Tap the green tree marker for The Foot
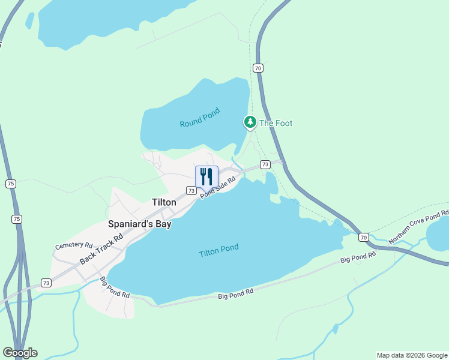(x=250, y=122)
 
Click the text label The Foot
(x=276, y=123)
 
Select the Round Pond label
(x=200, y=118)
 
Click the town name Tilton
(x=164, y=202)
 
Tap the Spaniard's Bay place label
(x=139, y=224)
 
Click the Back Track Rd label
(x=101, y=247)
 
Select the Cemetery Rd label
(x=74, y=246)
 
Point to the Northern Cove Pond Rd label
(x=418, y=227)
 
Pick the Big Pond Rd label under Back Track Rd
(x=115, y=287)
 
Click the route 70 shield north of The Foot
(x=258, y=68)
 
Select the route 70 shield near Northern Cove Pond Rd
(x=364, y=237)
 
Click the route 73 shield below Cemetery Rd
(x=46, y=283)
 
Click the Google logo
(x=20, y=353)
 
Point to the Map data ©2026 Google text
(x=412, y=355)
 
